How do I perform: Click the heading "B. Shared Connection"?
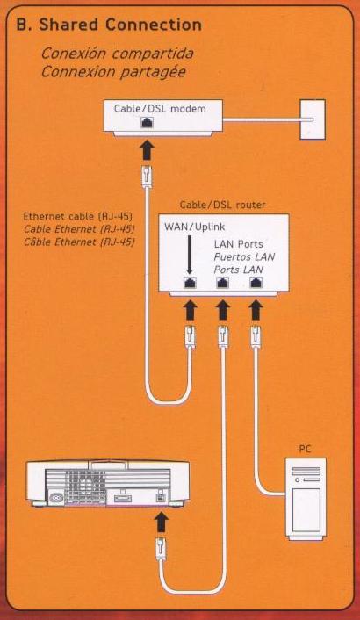(109, 25)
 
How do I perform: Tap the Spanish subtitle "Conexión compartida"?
(117, 54)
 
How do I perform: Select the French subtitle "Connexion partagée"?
(113, 72)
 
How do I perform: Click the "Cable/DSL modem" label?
(160, 109)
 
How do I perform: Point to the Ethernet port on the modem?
(147, 122)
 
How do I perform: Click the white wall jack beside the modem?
(313, 119)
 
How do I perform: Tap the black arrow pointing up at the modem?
(147, 150)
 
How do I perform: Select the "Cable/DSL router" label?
(222, 205)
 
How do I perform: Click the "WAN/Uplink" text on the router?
(189, 227)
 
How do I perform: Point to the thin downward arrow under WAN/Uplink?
(189, 255)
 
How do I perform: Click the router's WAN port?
(190, 282)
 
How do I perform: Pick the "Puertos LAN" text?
(244, 257)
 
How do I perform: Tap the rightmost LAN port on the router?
(256, 282)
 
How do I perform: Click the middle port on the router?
(223, 282)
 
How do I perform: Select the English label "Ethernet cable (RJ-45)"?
(77, 217)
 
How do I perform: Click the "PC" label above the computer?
(305, 450)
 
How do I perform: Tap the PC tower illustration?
(306, 499)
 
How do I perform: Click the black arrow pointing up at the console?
(161, 523)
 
